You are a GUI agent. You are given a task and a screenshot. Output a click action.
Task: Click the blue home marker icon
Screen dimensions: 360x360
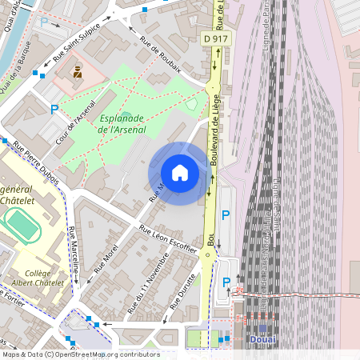tap(180, 173)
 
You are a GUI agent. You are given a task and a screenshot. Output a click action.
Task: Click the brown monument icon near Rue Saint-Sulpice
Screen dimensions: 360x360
tap(77, 73)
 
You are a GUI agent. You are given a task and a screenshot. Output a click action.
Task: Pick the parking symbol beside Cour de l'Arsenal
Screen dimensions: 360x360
tap(54, 110)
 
